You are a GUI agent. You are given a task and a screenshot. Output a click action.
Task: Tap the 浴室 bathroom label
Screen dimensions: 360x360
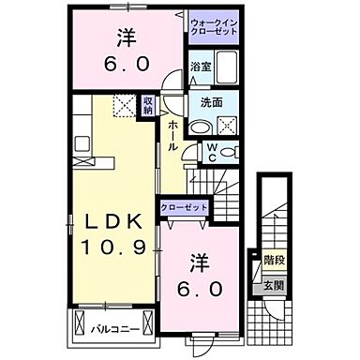(200, 67)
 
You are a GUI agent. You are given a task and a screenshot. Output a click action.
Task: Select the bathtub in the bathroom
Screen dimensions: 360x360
(226, 67)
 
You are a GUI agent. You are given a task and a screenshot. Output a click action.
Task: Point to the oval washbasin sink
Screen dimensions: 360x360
(200, 128)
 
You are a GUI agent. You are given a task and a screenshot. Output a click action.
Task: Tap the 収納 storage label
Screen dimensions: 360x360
(148, 105)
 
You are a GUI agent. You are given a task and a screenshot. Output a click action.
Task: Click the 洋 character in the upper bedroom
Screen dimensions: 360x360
(127, 37)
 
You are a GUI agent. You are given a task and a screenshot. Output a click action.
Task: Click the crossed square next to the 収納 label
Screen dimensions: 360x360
(124, 105)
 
